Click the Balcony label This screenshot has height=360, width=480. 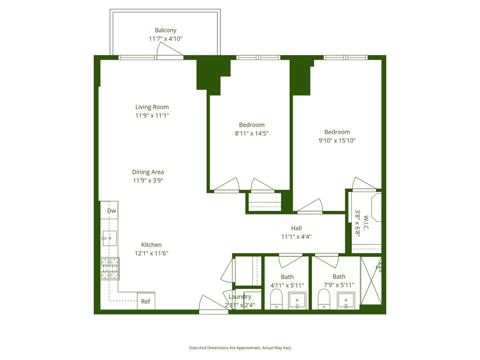pyautogui.click(x=166, y=30)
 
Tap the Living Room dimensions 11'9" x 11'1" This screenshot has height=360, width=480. pyautogui.click(x=152, y=116)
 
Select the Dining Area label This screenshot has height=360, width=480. pyautogui.click(x=148, y=172)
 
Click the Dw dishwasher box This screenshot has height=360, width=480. pyautogui.click(x=112, y=211)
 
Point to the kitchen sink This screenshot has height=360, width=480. pyautogui.click(x=110, y=238)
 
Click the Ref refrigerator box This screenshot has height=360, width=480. pyautogui.click(x=146, y=301)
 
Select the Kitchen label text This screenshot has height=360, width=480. pyautogui.click(x=151, y=245)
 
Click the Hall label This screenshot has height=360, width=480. pyautogui.click(x=296, y=228)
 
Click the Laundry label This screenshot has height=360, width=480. pyautogui.click(x=240, y=297)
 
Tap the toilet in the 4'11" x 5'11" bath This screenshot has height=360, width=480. pyautogui.click(x=276, y=299)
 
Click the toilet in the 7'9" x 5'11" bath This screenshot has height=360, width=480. pyautogui.click(x=324, y=299)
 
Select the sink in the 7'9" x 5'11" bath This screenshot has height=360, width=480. pyautogui.click(x=346, y=300)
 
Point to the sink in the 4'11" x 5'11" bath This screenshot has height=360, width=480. pyautogui.click(x=298, y=300)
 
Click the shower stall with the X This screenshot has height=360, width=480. pyautogui.click(x=371, y=281)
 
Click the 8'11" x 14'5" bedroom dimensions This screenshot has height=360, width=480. pyautogui.click(x=252, y=134)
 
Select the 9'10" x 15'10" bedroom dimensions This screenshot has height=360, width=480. pyautogui.click(x=337, y=140)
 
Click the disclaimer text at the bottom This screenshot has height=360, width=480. pyautogui.click(x=240, y=348)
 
